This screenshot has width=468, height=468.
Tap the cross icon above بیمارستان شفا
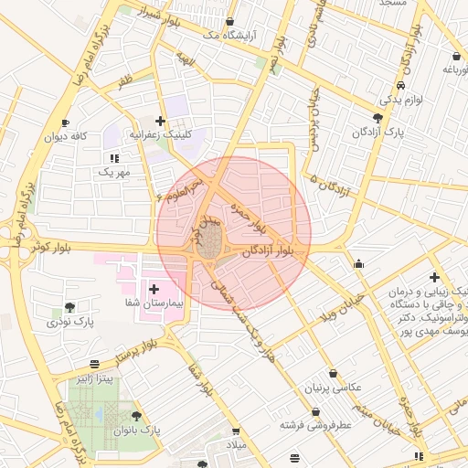point(154,289)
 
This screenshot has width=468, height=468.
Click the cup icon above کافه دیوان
point(65,122)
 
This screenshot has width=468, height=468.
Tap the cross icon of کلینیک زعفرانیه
point(161,121)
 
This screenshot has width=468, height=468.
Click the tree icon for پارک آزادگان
point(378,119)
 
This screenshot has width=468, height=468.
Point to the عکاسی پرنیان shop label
point(328,388)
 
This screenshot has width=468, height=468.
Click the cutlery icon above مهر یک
point(113,158)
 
